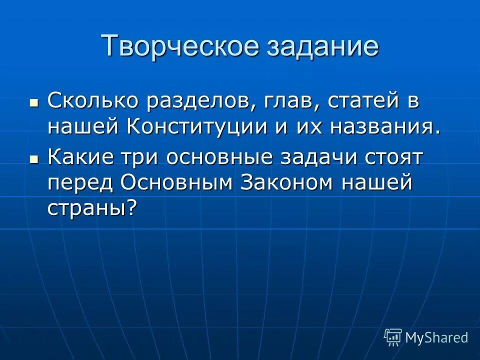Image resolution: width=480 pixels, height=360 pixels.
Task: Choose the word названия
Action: coord(385,125)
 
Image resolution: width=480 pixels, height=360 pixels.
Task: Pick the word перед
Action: coord(80,183)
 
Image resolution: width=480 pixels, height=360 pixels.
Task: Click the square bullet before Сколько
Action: coord(34,102)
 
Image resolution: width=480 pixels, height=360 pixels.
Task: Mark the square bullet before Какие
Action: coord(34,159)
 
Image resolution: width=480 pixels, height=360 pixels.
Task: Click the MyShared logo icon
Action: coord(393,337)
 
